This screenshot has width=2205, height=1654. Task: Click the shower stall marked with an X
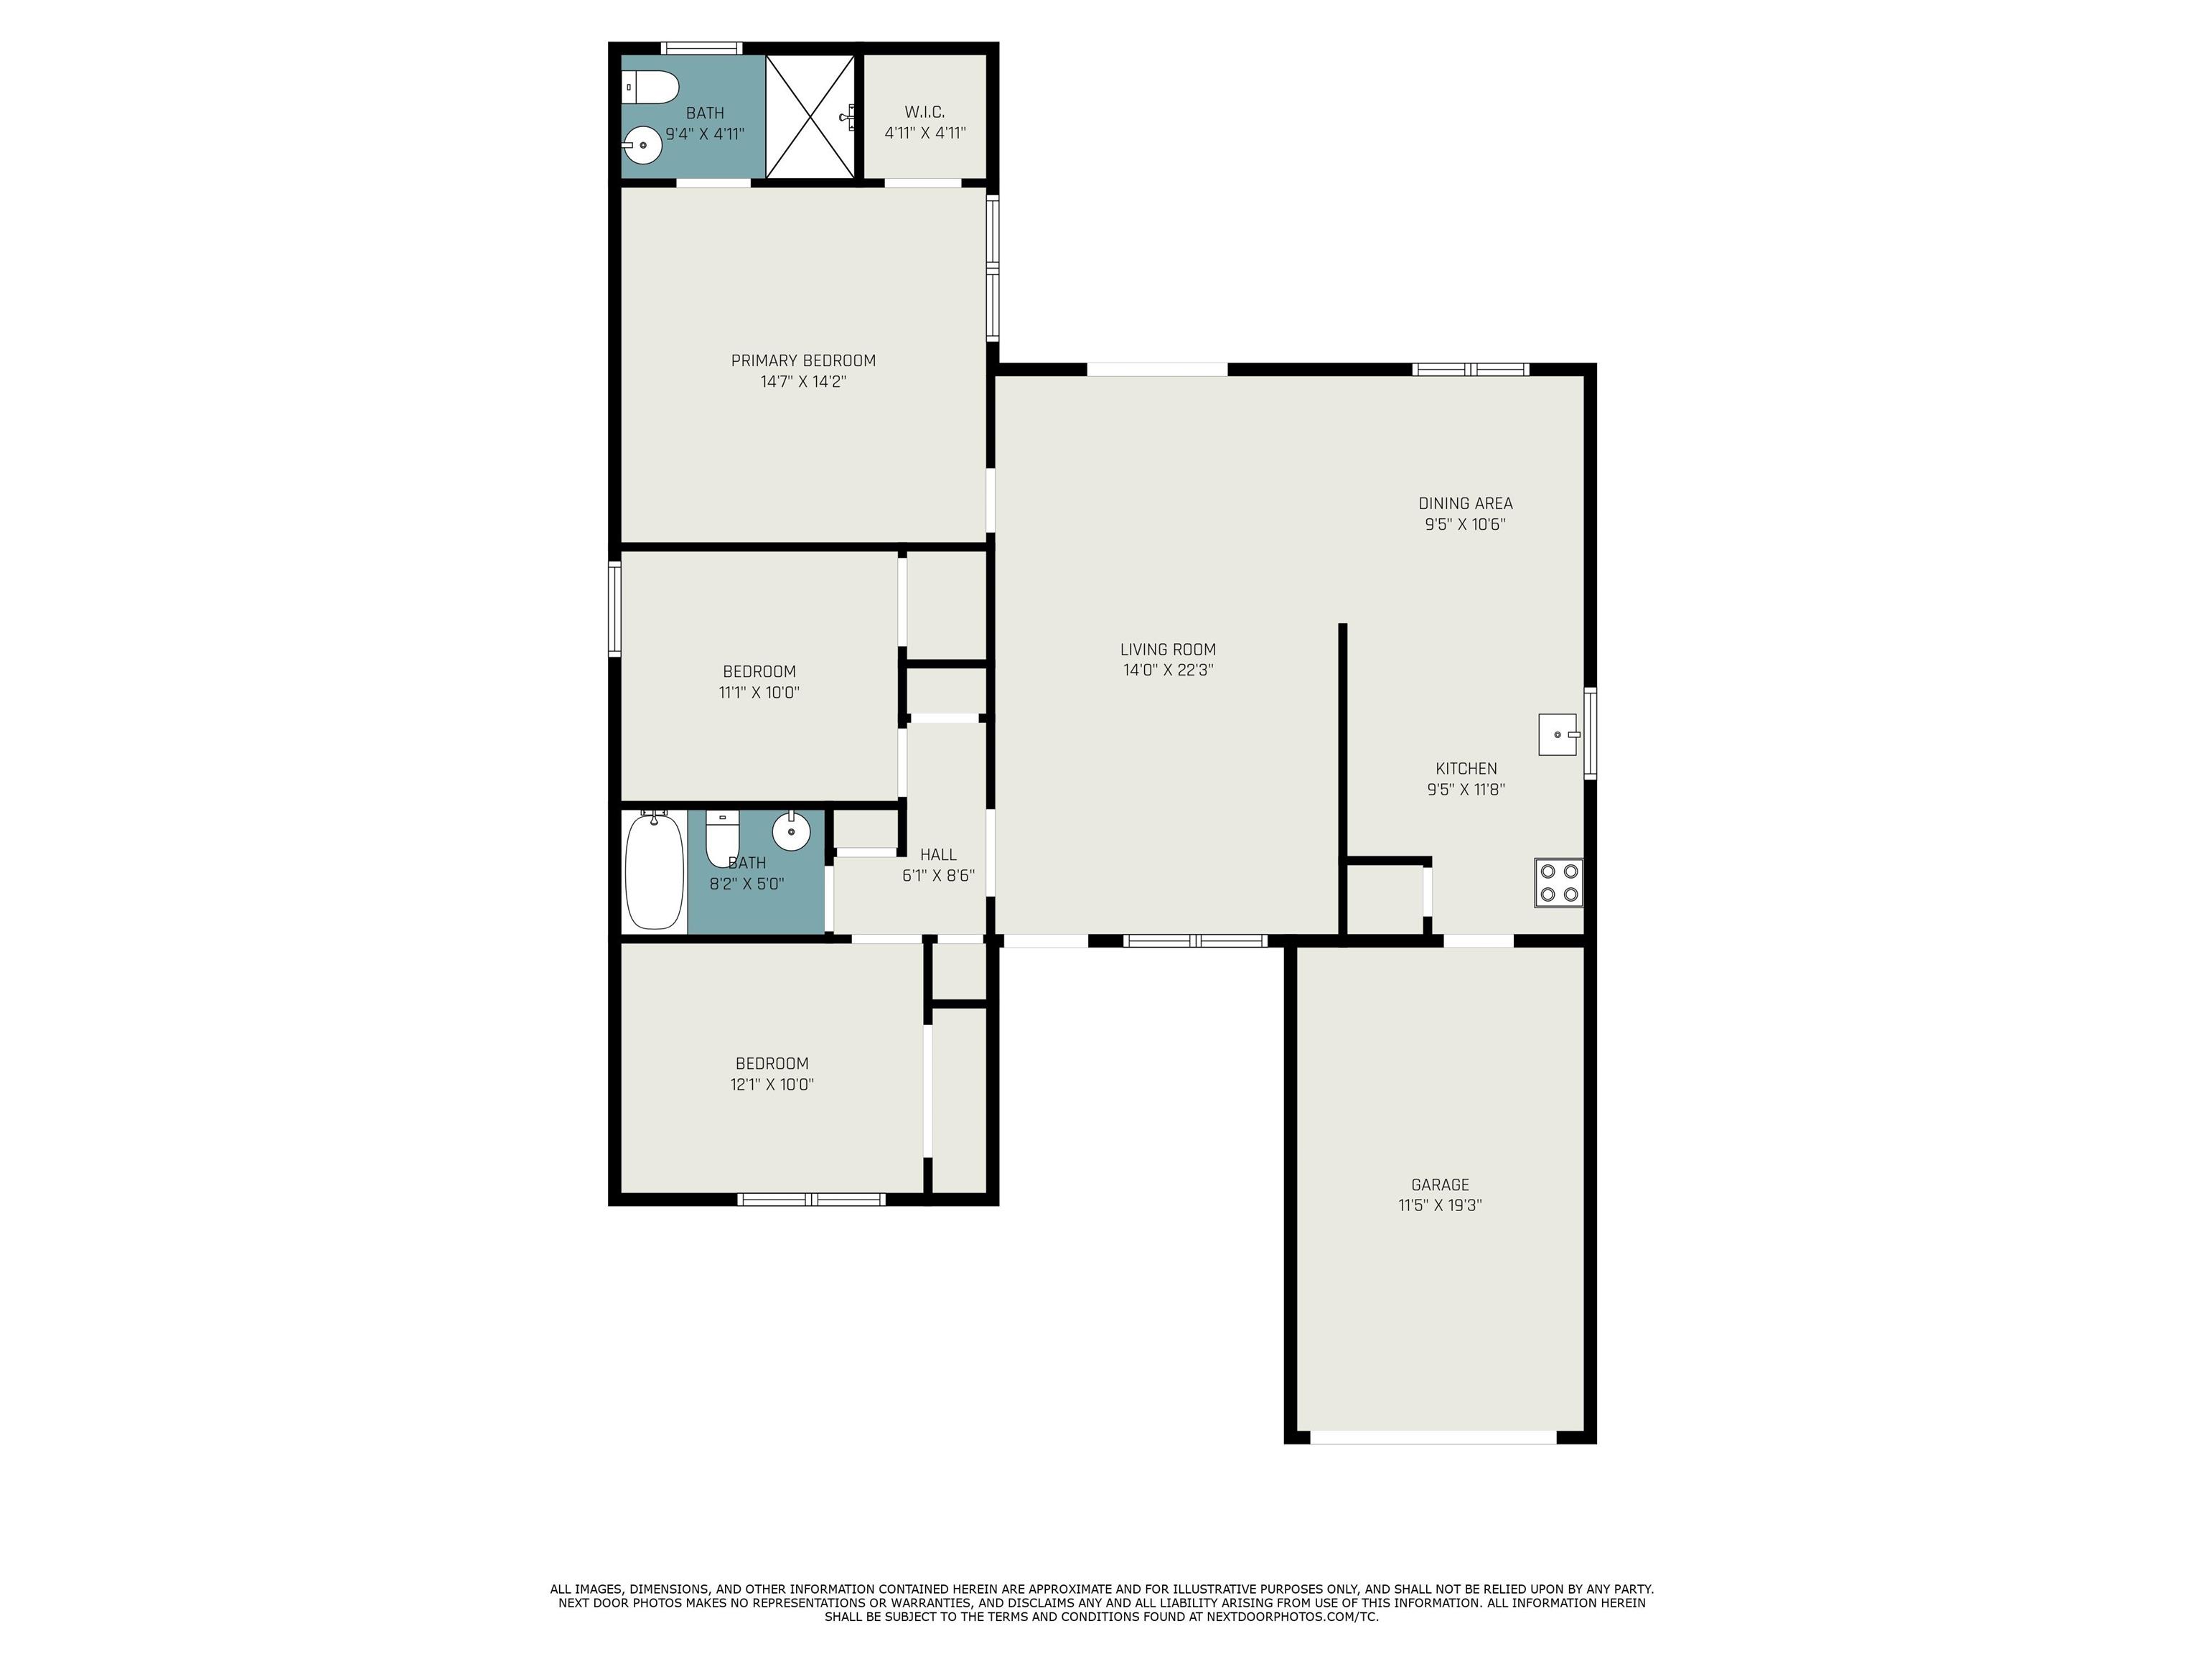(x=810, y=116)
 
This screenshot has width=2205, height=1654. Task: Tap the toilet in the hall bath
(x=721, y=838)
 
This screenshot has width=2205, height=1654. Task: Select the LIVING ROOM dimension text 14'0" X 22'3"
(x=1169, y=670)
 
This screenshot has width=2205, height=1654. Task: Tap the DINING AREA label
(x=1466, y=503)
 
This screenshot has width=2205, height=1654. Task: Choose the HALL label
(x=938, y=854)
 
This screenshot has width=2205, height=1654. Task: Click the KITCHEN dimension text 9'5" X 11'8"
(x=1466, y=790)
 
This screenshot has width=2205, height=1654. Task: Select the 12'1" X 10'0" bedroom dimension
(x=772, y=1085)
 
